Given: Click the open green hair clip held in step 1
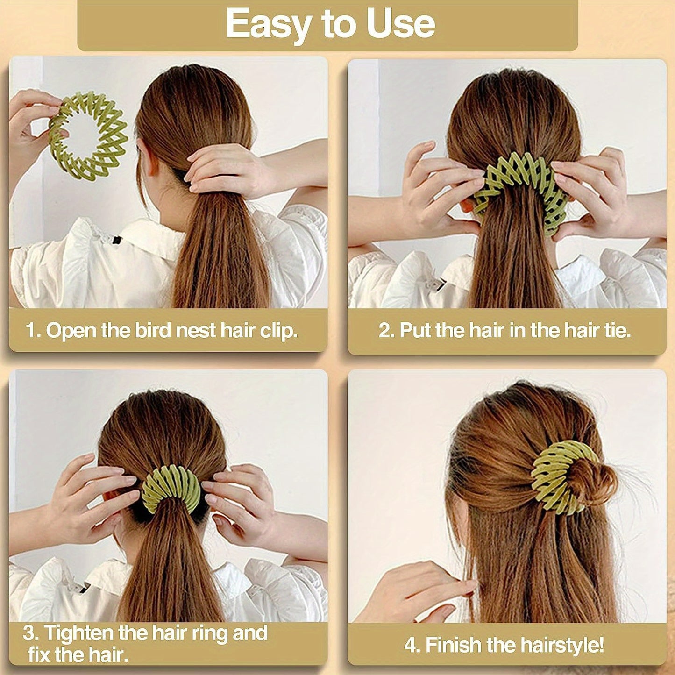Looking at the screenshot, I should (x=88, y=135).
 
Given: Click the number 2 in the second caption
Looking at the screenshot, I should (x=385, y=331).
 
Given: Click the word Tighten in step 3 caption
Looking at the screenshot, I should (x=79, y=633).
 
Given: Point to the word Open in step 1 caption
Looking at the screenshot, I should (x=71, y=331).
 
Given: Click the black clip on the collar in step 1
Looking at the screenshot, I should (x=115, y=240).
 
